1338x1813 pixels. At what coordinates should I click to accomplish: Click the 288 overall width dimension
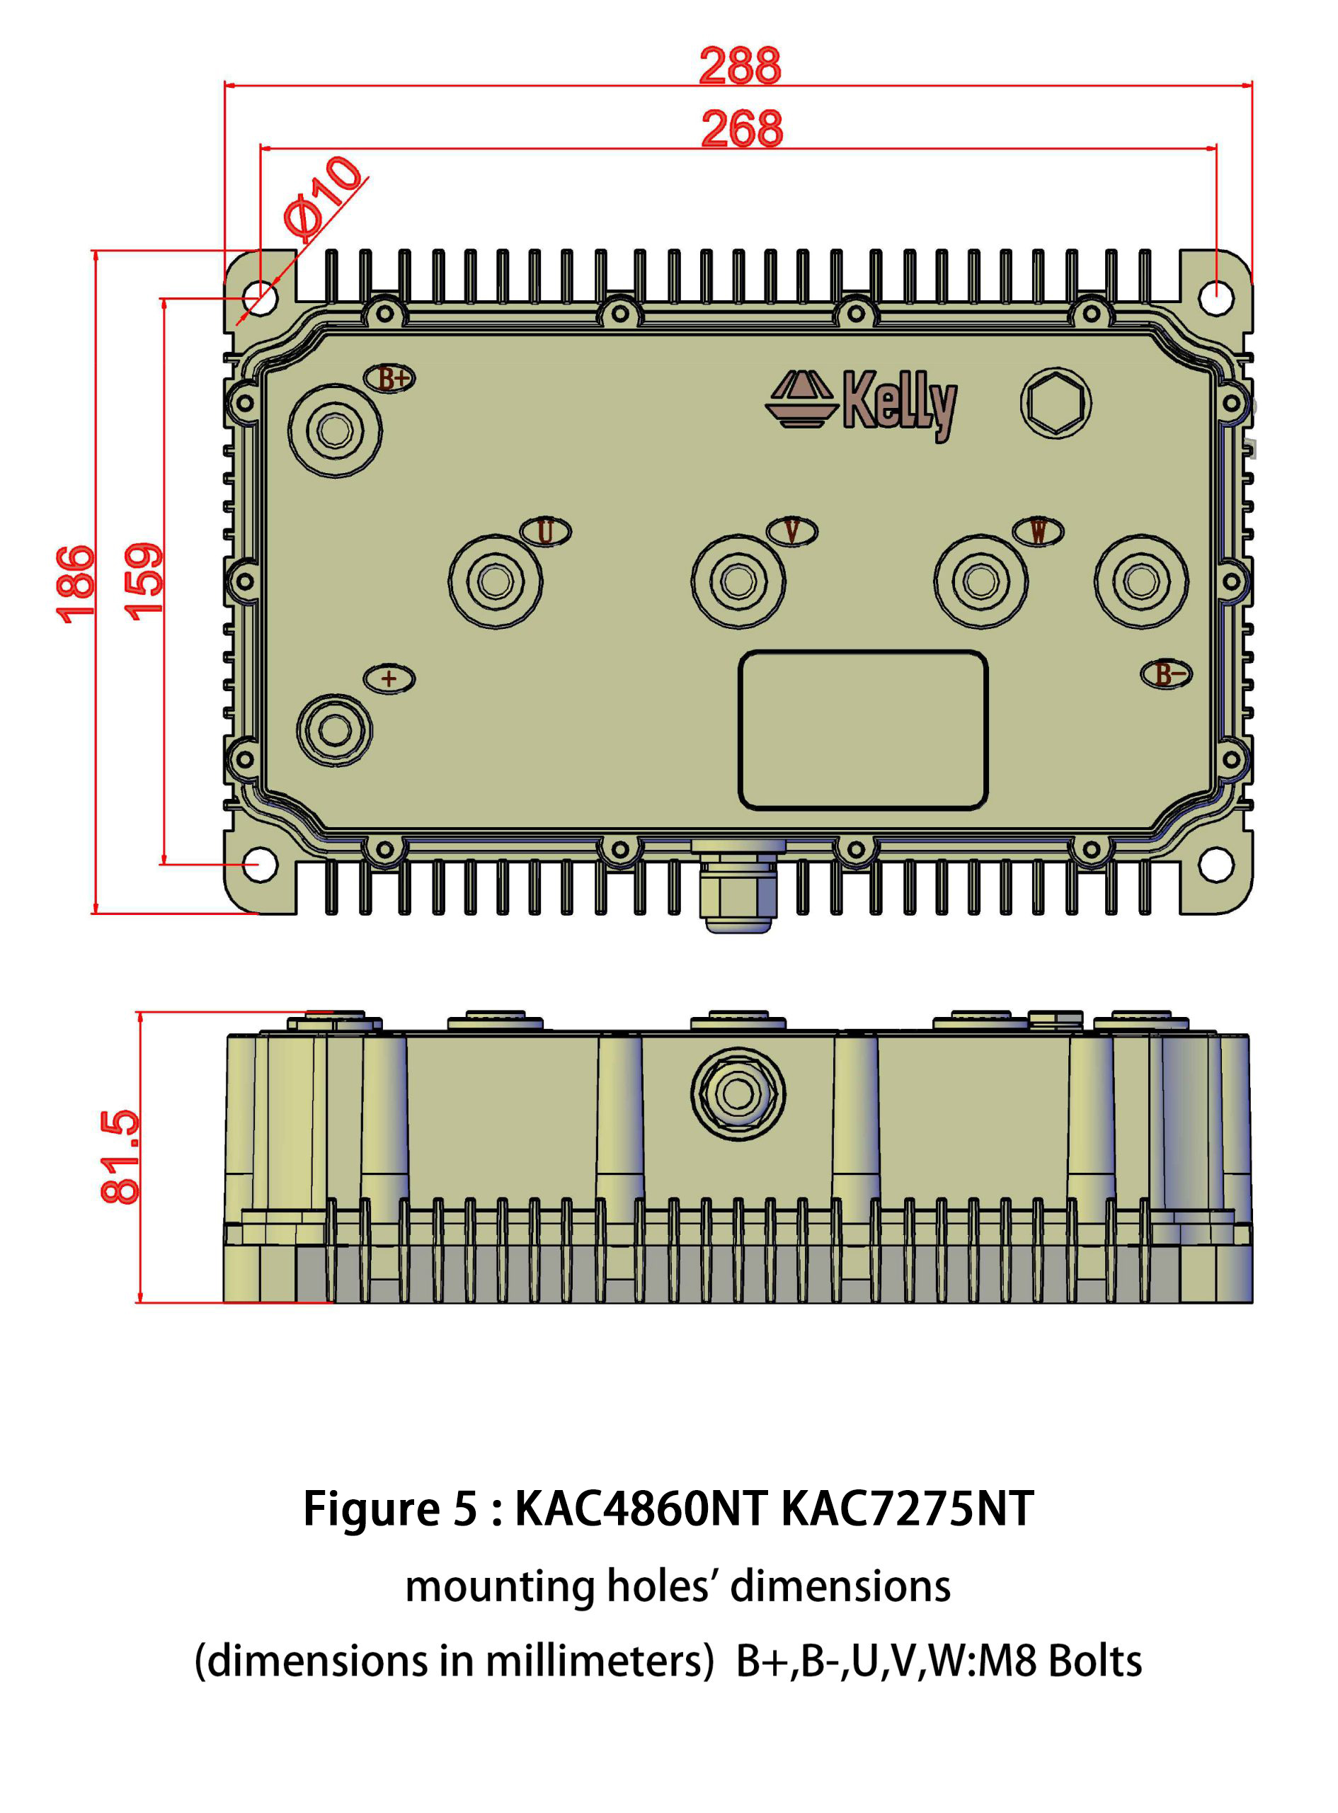coord(740,66)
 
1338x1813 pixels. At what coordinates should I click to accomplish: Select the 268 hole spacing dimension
coord(742,129)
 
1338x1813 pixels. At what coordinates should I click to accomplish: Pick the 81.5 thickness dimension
coord(120,1156)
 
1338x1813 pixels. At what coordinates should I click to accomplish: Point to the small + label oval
coord(389,679)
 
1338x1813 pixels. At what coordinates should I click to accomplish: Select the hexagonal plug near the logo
coord(1056,403)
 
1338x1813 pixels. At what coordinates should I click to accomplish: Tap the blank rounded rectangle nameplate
coord(862,730)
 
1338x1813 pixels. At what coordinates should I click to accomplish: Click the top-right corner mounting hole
coord(1215,297)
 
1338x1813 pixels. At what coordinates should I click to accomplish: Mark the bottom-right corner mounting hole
coord(1215,865)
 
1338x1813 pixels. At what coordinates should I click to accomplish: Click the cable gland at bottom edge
coord(738,887)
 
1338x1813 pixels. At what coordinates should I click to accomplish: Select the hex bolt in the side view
coord(737,1093)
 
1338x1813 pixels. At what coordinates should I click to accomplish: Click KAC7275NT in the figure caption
coord(907,1508)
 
